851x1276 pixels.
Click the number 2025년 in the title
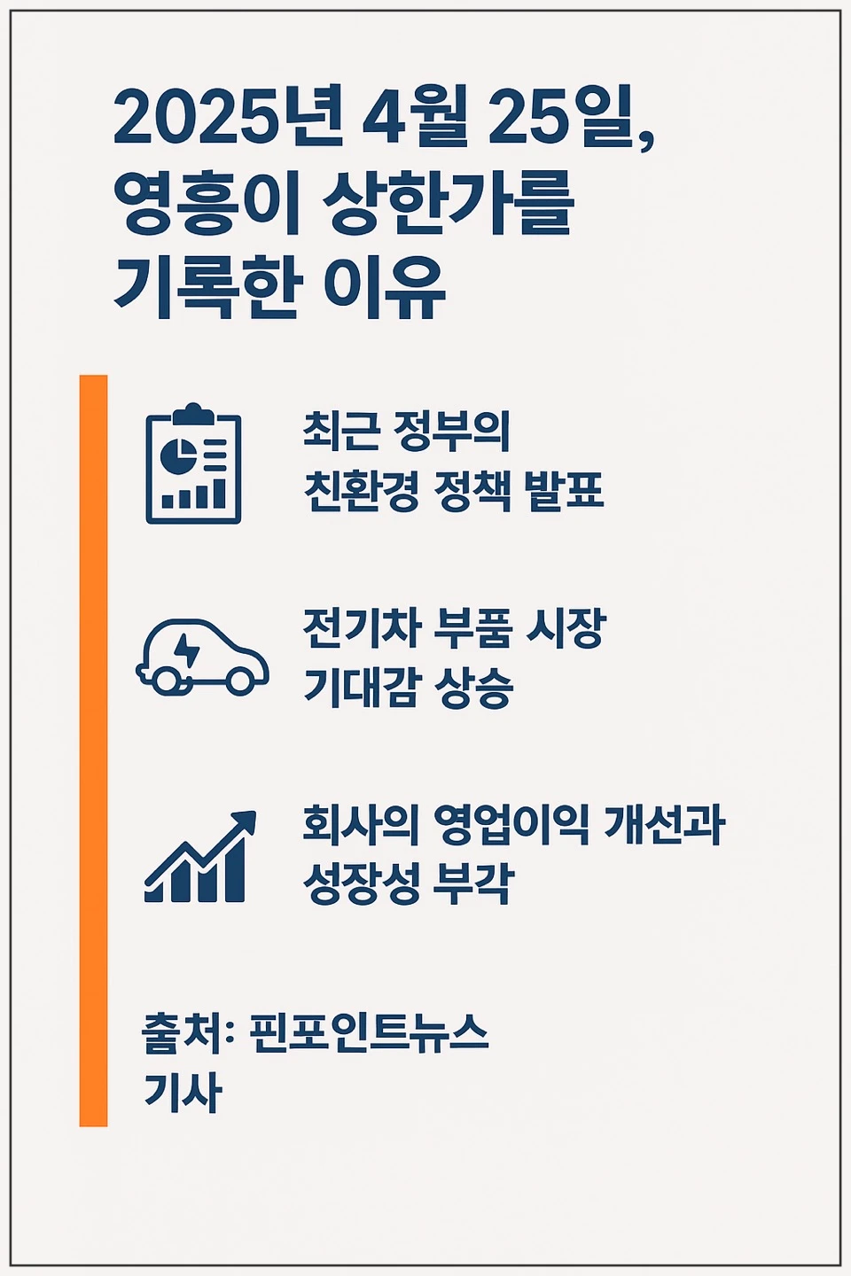[228, 119]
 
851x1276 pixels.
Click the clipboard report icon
[193, 465]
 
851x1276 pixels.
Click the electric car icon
[202, 657]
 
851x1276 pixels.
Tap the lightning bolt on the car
[187, 650]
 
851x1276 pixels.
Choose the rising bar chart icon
[200, 858]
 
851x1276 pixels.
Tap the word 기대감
[359, 687]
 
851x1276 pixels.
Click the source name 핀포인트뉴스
[369, 1032]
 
